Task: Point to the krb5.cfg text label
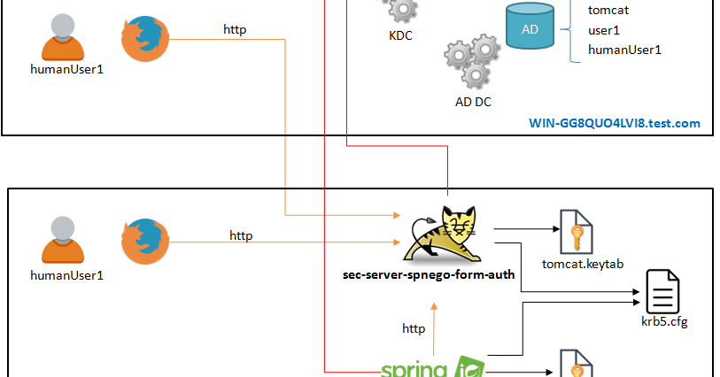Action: pos(664,321)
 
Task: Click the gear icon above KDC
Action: pos(401,11)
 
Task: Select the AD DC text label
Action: pos(473,101)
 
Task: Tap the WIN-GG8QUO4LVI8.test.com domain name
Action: pos(615,123)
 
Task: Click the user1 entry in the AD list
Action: pos(604,30)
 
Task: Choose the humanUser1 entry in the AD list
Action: pos(624,50)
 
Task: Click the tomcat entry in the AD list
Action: pos(608,11)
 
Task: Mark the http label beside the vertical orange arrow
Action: pos(414,328)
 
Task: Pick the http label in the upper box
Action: pos(235,29)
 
